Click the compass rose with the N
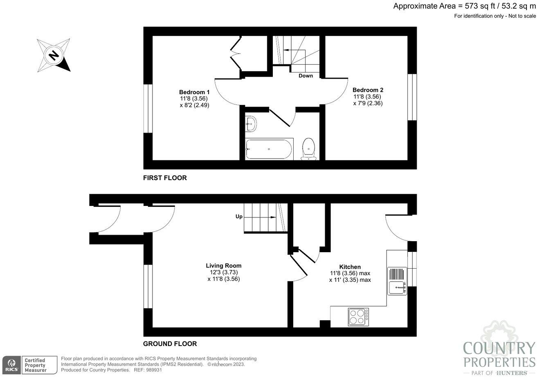point(53,55)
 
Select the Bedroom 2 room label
point(368,90)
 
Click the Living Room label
point(223,265)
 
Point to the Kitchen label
point(350,267)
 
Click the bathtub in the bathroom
point(269,149)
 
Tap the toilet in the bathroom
point(308,149)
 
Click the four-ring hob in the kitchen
point(358,317)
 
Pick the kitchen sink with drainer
point(397,281)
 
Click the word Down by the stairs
point(306,76)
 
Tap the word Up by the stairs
point(238,216)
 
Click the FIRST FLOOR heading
point(165,178)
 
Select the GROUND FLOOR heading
point(170,344)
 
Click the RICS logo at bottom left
point(11,364)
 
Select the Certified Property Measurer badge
point(39,365)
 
